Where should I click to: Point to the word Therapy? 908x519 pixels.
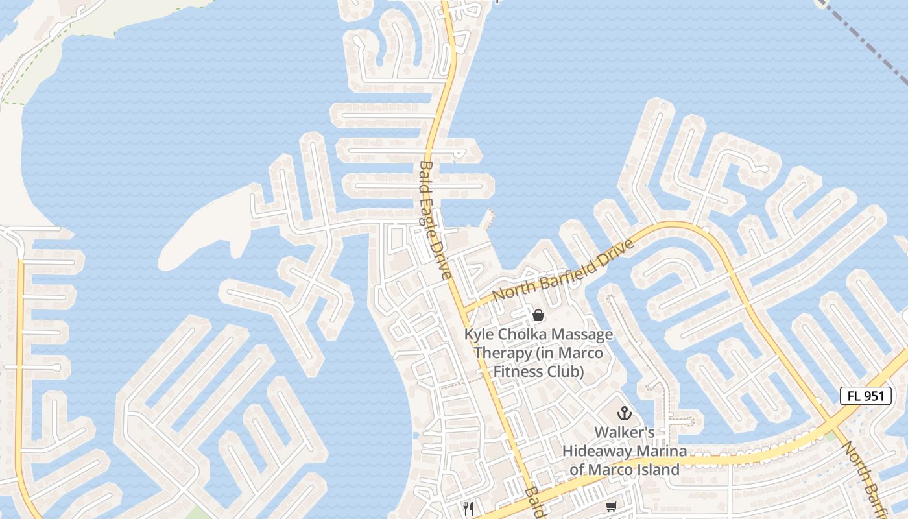pyautogui.click(x=501, y=354)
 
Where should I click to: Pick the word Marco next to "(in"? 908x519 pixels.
pyautogui.click(x=580, y=354)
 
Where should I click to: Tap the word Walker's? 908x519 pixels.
pyautogui.click(x=624, y=433)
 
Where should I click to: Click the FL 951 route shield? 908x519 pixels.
pyautogui.click(x=866, y=396)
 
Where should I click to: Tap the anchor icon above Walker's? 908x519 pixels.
pyautogui.click(x=624, y=413)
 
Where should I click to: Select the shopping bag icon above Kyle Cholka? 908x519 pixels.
pyautogui.click(x=538, y=316)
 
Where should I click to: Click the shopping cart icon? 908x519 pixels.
pyautogui.click(x=611, y=505)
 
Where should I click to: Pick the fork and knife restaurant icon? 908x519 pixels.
pyautogui.click(x=469, y=509)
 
